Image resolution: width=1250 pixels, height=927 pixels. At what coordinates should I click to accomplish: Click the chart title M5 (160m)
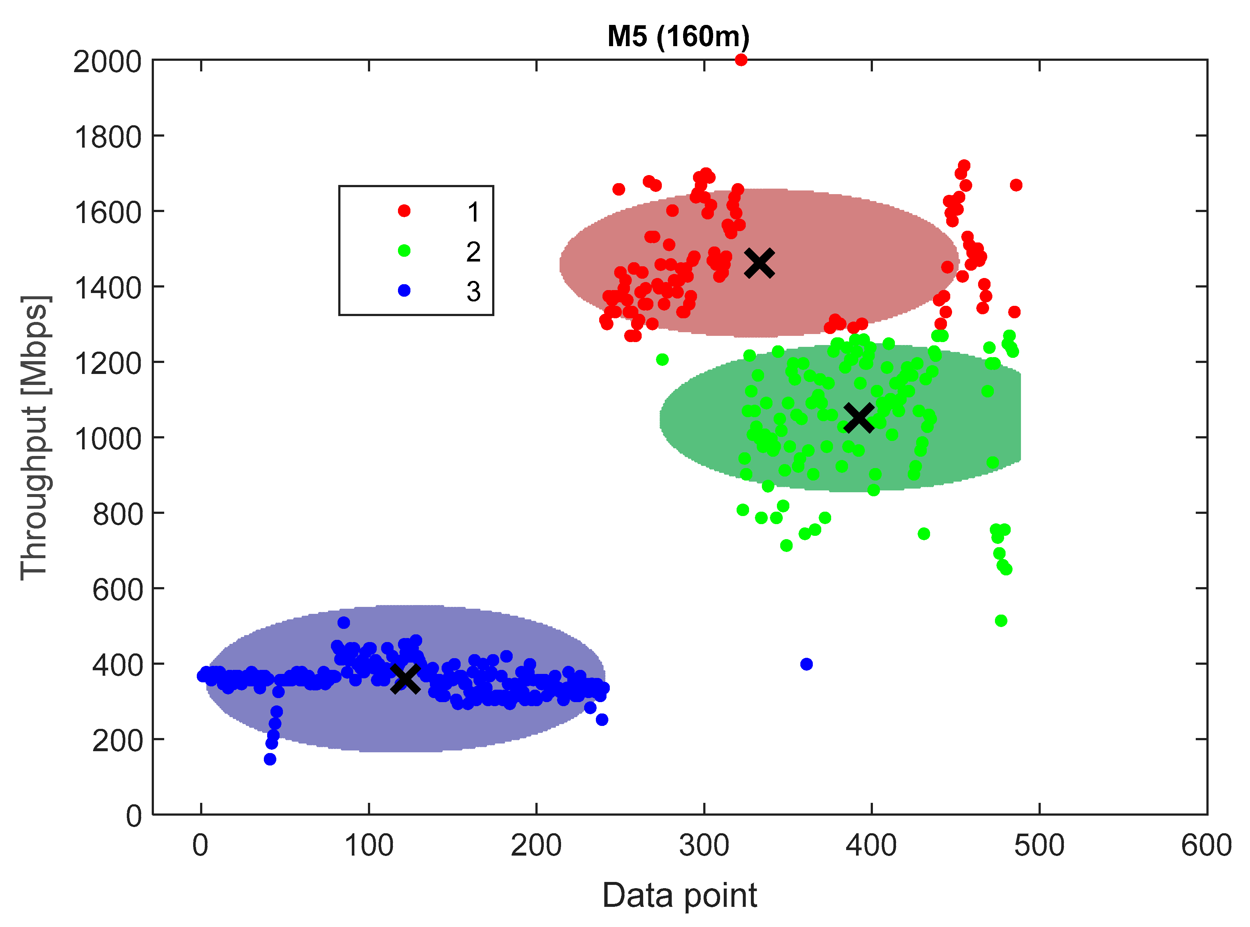[x=678, y=37]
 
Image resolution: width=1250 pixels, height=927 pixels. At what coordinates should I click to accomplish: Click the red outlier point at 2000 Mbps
[x=741, y=60]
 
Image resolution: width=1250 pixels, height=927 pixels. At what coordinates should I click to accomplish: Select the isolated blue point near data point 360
[x=806, y=664]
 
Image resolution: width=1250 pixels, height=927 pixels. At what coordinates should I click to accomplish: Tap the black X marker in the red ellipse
[x=759, y=263]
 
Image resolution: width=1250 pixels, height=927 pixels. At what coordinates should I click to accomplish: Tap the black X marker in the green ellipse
[x=858, y=418]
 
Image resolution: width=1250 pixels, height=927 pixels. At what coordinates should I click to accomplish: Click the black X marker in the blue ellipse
[x=405, y=679]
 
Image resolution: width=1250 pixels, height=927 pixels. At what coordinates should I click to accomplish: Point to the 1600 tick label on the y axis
[x=108, y=213]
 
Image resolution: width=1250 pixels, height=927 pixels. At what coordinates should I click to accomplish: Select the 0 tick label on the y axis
[x=134, y=816]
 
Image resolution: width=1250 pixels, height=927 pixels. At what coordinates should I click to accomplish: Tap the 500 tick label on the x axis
[x=1039, y=845]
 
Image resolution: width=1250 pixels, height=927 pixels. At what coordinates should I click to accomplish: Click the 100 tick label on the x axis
[x=369, y=845]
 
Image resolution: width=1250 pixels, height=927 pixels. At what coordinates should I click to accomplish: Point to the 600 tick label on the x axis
[x=1206, y=845]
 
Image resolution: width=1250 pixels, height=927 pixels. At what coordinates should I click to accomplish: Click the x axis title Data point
[x=679, y=896]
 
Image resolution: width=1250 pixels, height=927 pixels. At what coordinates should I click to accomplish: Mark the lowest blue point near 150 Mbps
[x=270, y=759]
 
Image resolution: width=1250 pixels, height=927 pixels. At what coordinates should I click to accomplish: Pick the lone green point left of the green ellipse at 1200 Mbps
[x=662, y=360]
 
